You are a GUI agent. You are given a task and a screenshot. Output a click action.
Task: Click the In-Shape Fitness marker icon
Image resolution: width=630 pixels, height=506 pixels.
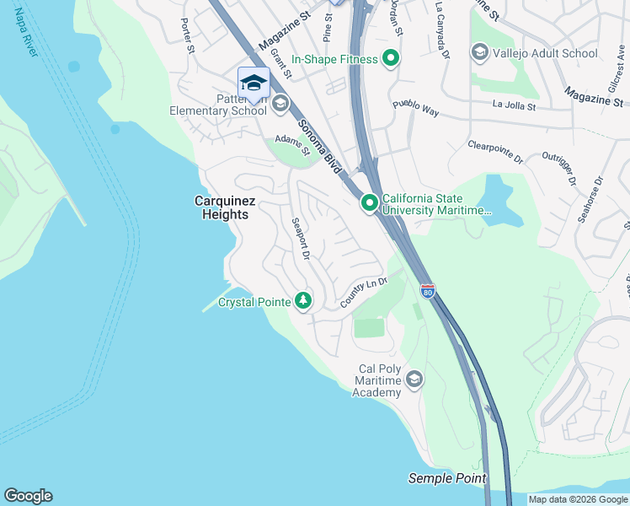390,59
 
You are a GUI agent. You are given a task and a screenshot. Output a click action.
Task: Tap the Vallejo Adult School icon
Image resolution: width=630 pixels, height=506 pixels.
479,53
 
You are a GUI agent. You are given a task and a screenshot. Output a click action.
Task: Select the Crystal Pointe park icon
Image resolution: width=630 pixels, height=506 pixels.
302,301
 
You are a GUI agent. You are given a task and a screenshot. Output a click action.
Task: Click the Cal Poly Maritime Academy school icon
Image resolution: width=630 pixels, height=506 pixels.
414,380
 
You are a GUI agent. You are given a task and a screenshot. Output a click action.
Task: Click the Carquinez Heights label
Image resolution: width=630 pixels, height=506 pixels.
220,207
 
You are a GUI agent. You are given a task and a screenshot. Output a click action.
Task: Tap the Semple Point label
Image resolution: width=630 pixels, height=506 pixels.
447,478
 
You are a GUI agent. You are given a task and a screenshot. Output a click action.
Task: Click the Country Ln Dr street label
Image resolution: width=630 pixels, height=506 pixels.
363,292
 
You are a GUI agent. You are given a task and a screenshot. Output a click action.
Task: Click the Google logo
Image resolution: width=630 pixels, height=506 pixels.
28,496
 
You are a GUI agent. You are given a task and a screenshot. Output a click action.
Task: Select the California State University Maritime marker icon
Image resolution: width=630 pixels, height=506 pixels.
370,203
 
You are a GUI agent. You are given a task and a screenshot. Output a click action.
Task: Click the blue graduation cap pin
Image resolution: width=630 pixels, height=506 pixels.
254,83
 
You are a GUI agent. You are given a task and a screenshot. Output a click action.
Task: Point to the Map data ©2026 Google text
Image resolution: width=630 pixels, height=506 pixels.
577,499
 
